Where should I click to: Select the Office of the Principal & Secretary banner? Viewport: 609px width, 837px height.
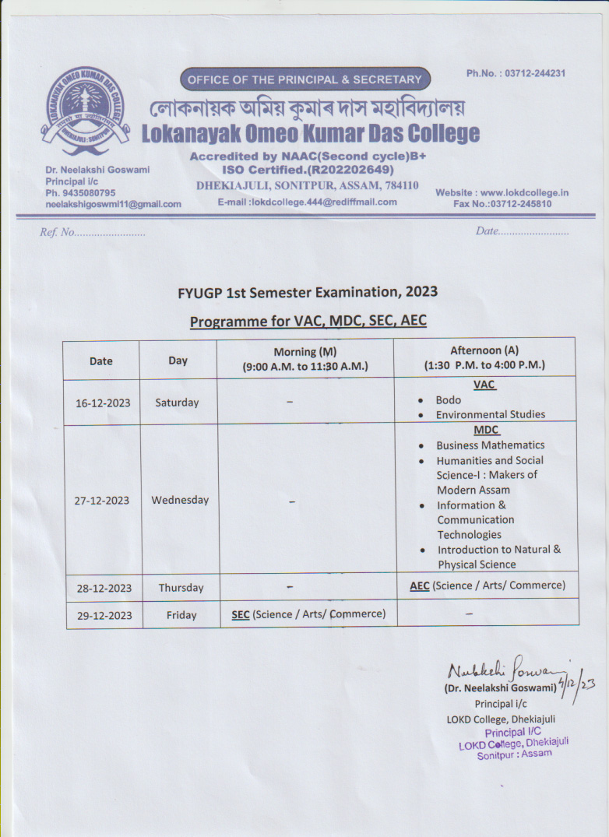(304, 79)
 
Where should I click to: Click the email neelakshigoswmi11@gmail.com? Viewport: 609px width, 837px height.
(113, 204)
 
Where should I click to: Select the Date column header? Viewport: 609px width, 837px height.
(101, 360)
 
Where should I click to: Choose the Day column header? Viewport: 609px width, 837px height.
(178, 360)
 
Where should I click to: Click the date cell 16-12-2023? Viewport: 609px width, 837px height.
(102, 403)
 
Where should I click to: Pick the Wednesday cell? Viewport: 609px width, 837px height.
(180, 500)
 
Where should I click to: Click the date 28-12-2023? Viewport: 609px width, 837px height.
(102, 588)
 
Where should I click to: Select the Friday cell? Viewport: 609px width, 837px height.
(181, 615)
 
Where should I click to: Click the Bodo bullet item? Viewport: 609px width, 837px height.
(448, 400)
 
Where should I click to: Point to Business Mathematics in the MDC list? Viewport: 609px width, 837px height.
(490, 445)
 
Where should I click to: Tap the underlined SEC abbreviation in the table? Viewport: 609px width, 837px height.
(241, 614)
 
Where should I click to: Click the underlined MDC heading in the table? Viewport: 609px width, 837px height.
(487, 430)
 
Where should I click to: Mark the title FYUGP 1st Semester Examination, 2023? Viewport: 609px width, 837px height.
(308, 293)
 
